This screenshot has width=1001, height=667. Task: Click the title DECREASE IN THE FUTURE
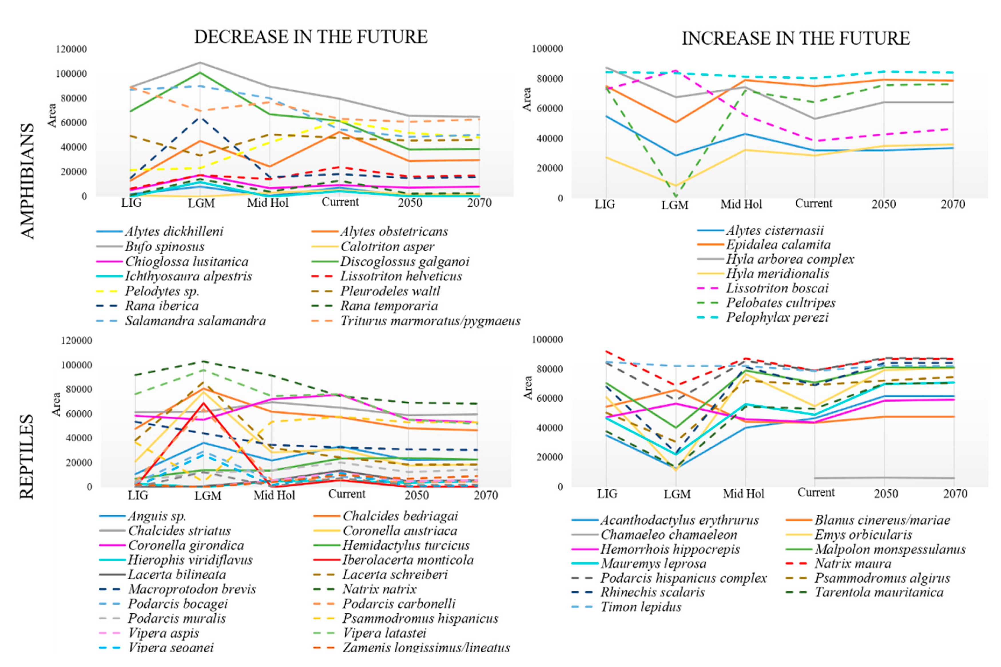tap(311, 37)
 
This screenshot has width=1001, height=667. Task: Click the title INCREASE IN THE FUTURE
tap(795, 38)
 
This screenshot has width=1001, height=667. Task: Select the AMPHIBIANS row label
tap(27, 181)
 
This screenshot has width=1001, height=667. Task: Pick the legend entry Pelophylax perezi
tap(777, 318)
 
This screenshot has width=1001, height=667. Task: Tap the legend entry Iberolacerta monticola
tap(408, 560)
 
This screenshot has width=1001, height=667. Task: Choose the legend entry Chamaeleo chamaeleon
tap(668, 535)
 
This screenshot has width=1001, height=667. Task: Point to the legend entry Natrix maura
tap(852, 564)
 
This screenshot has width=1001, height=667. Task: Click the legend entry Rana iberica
tap(162, 306)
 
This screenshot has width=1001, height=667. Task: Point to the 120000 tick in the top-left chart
tap(71, 49)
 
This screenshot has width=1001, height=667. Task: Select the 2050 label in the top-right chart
tap(883, 205)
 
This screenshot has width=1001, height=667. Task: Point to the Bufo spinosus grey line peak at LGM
tap(201, 63)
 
